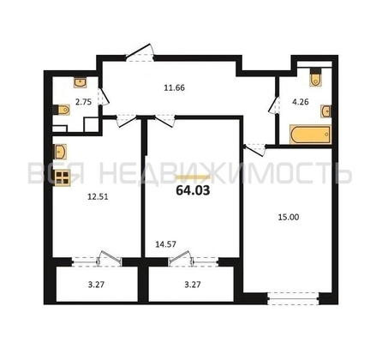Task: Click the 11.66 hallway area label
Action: point(174,87)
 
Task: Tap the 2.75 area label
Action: point(83,102)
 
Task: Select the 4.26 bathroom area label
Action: point(301,102)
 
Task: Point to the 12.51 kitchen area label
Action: point(98,197)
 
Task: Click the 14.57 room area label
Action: point(165,244)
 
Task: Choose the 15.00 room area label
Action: point(289,217)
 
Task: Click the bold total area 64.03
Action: point(193,190)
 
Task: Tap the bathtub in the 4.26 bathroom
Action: point(310,135)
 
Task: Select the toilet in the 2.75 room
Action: point(62,110)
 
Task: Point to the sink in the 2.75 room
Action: point(81,82)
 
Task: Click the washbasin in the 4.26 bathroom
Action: point(326,111)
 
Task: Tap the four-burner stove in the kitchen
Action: point(63,177)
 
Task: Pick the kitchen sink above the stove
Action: point(61,152)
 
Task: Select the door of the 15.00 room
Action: point(254,150)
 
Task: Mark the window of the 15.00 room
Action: point(293,298)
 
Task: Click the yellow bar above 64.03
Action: point(194,177)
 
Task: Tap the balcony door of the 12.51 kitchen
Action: point(110,259)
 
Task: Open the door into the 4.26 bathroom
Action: point(273,105)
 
